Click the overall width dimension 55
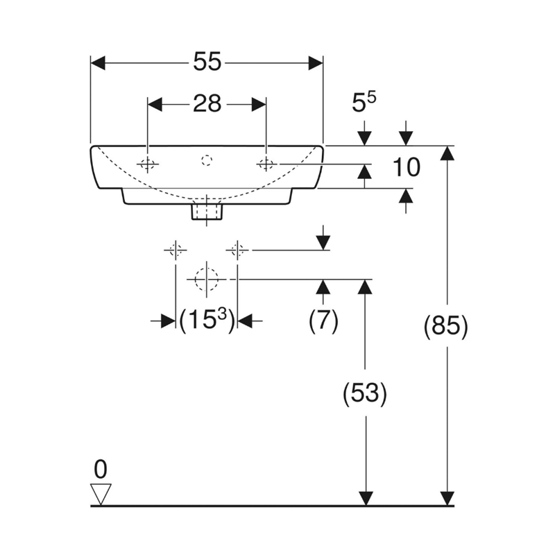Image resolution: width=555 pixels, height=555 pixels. (x=207, y=62)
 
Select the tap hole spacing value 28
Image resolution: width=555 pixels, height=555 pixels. (x=207, y=104)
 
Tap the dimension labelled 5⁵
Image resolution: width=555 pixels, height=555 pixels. (x=364, y=103)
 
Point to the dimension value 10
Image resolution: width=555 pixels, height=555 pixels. (x=406, y=167)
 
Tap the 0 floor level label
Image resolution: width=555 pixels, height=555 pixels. (x=101, y=470)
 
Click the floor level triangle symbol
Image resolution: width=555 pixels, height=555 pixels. (x=101, y=493)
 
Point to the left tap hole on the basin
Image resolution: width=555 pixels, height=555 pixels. (x=148, y=164)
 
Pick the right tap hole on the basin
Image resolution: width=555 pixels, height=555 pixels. (x=266, y=164)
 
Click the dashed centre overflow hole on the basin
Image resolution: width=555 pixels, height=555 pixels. (x=206, y=161)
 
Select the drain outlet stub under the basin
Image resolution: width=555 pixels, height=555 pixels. (x=206, y=209)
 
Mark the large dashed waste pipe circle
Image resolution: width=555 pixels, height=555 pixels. (x=206, y=279)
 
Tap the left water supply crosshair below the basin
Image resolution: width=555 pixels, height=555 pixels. (x=175, y=250)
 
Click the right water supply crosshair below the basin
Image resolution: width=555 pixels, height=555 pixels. (x=237, y=250)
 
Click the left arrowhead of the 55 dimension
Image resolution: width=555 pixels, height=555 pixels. (x=98, y=63)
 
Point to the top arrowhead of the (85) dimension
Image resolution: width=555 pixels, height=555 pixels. (x=448, y=153)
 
